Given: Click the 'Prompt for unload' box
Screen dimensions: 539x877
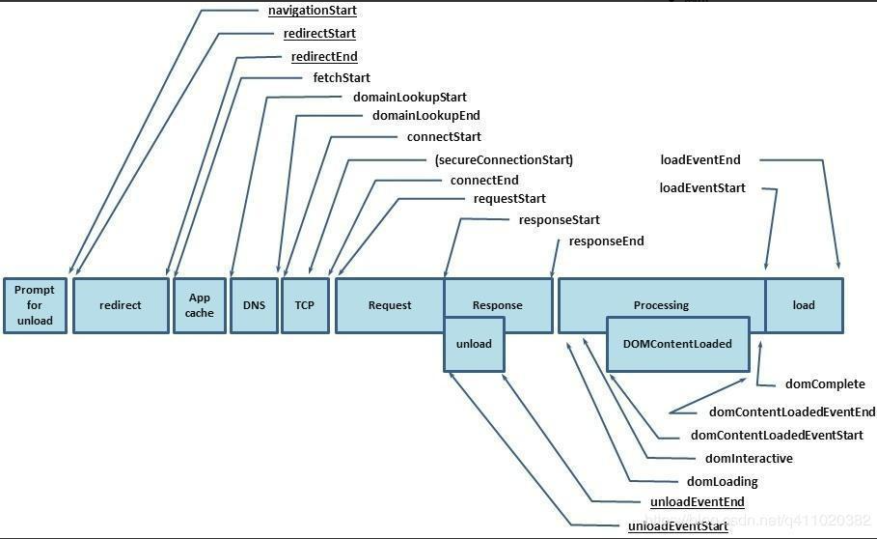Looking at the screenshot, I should (x=35, y=305).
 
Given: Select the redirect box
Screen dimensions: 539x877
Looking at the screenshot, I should (x=121, y=305).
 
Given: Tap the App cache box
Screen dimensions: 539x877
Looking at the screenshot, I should (x=200, y=305).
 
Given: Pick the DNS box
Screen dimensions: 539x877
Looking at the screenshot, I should (x=254, y=305).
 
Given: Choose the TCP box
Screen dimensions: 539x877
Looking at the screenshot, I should (x=305, y=305).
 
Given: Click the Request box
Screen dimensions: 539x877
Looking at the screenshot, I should (x=390, y=305).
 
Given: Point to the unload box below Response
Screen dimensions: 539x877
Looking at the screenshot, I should (x=474, y=344).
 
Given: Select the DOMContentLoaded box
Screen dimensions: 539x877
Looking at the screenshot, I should (x=678, y=344).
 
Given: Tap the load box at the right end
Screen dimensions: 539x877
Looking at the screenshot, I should (x=804, y=305).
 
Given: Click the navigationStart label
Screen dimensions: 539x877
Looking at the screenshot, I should (x=312, y=11).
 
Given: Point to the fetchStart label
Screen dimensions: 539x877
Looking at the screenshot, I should (x=342, y=77).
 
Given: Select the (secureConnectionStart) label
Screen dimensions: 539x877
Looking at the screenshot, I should (x=504, y=159).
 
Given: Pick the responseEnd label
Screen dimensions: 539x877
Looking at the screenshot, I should (x=606, y=241).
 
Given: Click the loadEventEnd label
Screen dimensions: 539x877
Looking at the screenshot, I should (x=700, y=159).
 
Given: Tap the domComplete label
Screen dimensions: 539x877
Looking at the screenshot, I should (x=825, y=384).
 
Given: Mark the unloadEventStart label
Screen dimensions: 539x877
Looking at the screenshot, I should (x=678, y=526).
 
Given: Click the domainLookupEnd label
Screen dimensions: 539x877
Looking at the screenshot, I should (x=425, y=116).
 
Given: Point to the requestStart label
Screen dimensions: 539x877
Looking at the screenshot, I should (x=509, y=199).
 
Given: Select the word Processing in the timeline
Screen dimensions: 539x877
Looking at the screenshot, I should (x=661, y=305).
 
